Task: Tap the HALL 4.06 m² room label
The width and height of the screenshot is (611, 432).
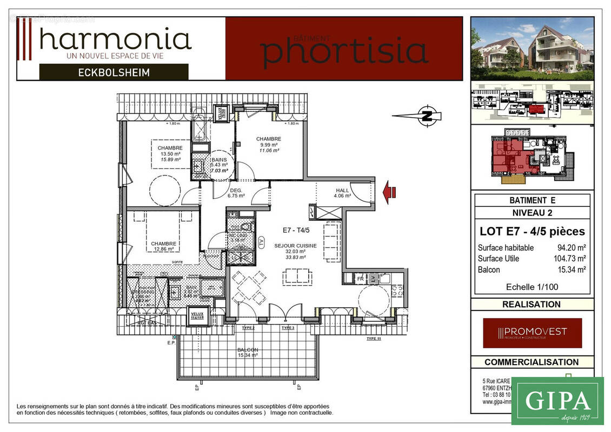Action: tap(343, 193)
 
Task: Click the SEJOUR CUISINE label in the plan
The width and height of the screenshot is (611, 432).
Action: tap(295, 246)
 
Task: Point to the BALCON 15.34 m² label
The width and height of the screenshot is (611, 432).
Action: tap(247, 352)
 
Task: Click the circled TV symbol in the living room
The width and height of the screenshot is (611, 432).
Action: tap(262, 241)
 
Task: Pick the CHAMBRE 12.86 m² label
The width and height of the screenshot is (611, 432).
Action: tap(163, 246)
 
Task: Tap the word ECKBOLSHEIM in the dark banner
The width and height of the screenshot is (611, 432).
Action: tap(114, 72)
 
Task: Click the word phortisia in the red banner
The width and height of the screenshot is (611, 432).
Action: tap(344, 50)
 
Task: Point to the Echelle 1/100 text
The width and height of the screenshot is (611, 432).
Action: tap(532, 287)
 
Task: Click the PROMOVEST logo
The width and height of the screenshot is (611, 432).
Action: tap(532, 332)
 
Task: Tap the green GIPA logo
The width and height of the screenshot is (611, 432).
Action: tap(557, 401)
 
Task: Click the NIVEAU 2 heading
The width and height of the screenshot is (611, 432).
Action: tap(532, 212)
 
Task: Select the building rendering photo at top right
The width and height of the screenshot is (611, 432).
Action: tap(532, 49)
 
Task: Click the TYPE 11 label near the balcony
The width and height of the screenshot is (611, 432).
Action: tap(374, 339)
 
